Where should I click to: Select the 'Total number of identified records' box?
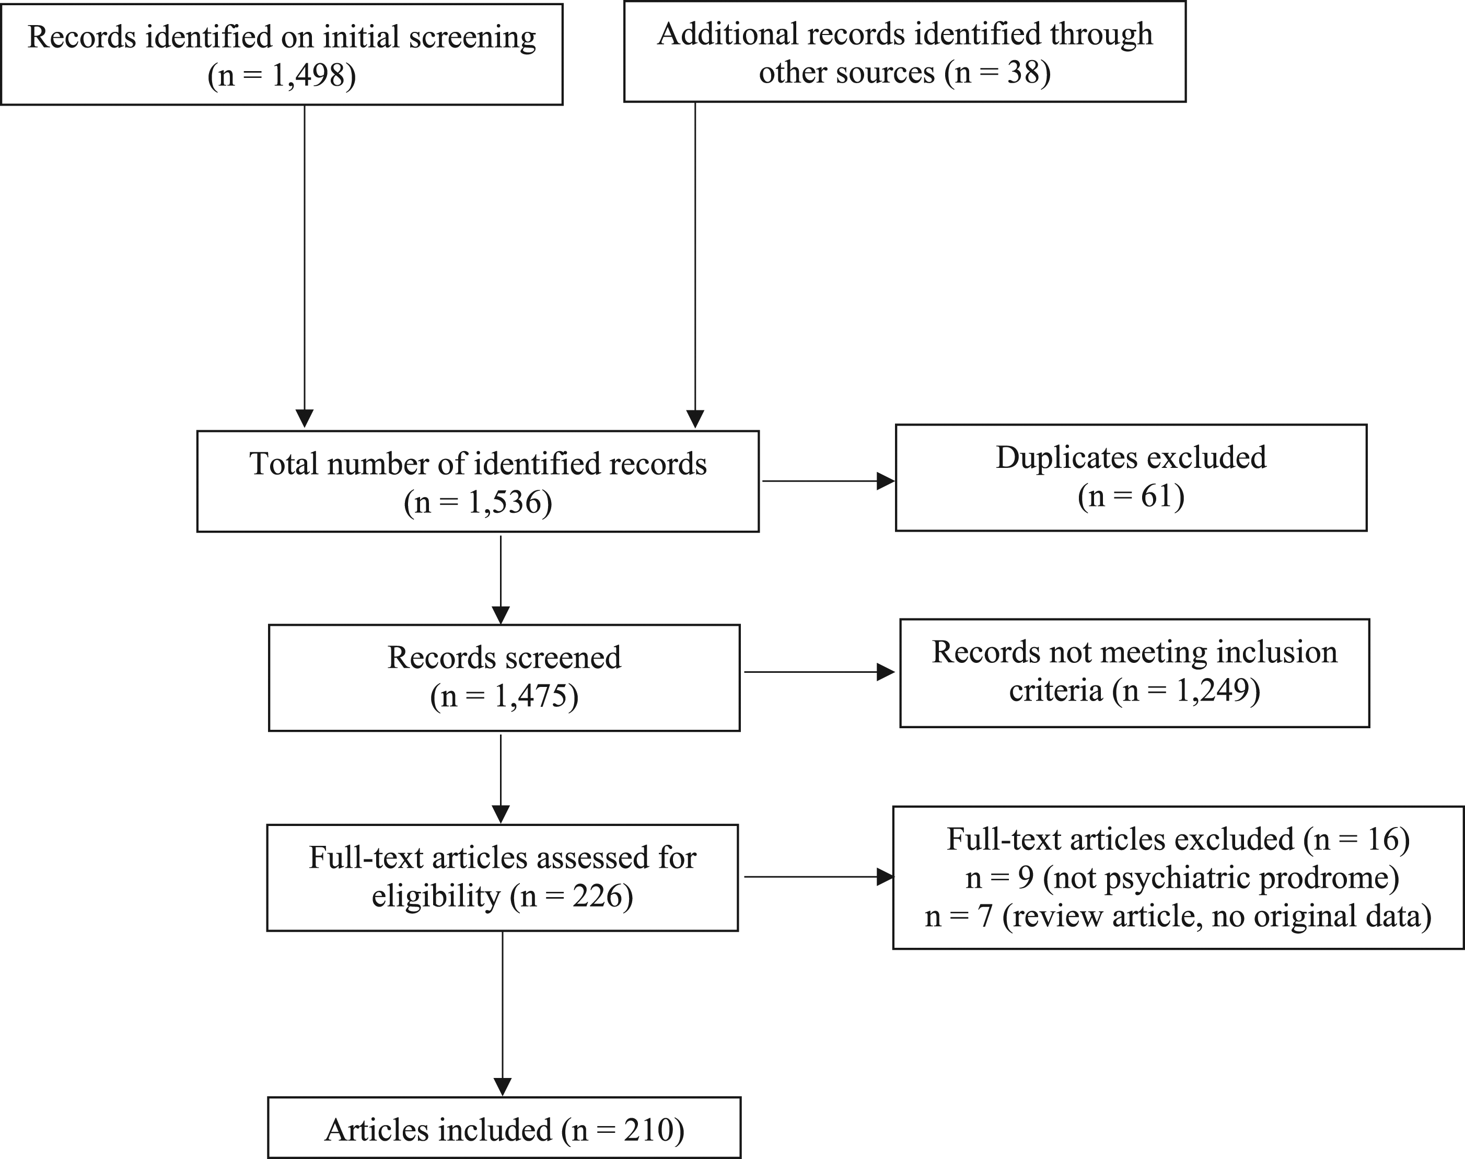click(478, 481)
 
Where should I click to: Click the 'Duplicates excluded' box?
click(1131, 478)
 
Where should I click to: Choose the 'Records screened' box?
click(504, 677)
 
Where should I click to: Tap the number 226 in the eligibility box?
click(597, 897)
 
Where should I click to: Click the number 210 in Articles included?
click(648, 1130)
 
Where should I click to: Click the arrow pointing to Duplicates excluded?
click(828, 481)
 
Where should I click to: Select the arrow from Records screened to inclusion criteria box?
click(819, 672)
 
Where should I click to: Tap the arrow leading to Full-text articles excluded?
click(819, 877)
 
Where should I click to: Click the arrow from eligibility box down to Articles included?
click(503, 1014)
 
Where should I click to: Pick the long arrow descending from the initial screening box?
click(305, 267)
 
